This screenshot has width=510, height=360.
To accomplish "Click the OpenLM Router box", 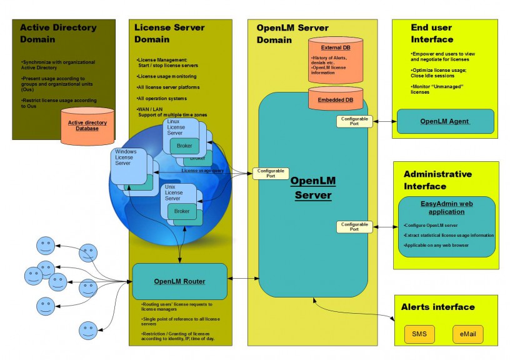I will tap(179, 281).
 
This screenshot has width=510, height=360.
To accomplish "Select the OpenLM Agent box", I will tap(444, 121).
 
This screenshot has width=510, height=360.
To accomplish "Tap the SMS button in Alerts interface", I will tap(419, 334).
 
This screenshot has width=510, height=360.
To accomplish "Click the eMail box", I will tap(467, 334).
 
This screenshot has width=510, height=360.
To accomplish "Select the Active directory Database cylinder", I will tap(87, 126).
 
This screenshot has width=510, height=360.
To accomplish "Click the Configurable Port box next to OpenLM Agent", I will tap(354, 121).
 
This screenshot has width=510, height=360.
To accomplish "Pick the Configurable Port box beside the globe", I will tap(271, 173).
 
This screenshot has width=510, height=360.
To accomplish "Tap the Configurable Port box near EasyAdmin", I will tap(354, 226).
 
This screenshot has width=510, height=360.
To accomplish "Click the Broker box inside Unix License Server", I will tap(182, 211).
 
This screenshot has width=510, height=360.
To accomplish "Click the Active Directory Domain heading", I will tap(57, 33).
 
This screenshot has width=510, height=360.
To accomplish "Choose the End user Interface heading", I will tap(432, 33).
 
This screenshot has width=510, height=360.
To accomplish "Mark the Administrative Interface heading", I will tap(437, 180).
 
